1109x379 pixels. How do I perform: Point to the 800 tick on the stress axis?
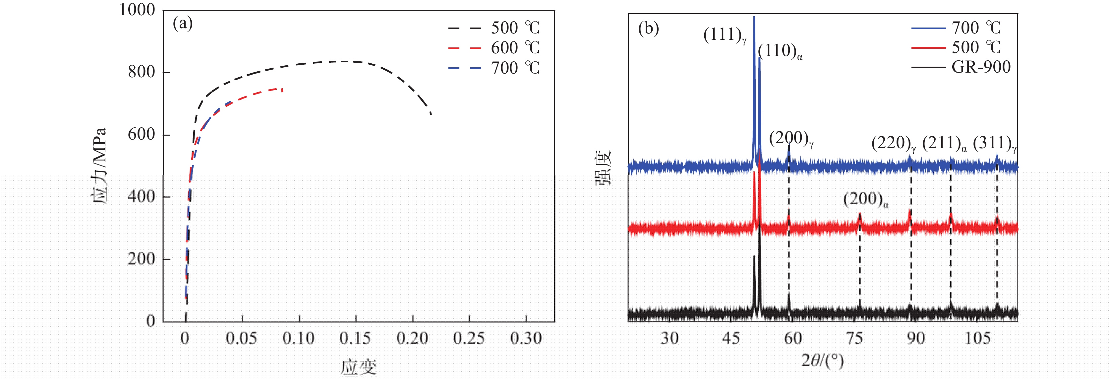[141, 72]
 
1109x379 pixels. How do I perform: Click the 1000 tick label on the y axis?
[137, 10]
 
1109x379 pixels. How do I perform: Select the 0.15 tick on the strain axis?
[356, 339]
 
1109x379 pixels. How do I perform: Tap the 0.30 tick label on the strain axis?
[526, 339]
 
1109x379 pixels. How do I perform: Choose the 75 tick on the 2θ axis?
[854, 339]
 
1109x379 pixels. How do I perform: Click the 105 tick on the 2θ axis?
[977, 339]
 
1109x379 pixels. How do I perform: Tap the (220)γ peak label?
[893, 144]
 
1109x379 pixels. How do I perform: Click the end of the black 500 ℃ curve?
[431, 114]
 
